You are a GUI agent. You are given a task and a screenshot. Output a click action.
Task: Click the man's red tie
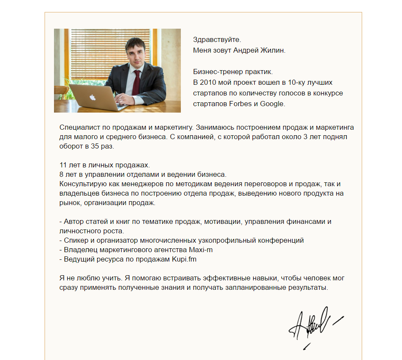pos(136,81)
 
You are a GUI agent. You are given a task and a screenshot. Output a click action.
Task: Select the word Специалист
pos(77,128)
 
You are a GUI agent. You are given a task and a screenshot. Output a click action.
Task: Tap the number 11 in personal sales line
pos(63,165)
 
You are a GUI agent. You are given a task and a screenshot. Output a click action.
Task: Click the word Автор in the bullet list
pos(73,222)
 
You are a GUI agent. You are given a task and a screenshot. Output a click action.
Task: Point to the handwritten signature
pos(313,324)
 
